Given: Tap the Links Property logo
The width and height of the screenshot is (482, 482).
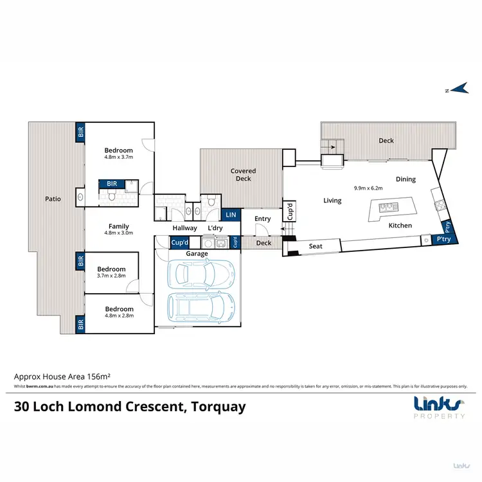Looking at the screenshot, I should (x=438, y=407).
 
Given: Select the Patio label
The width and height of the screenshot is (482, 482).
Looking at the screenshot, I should (x=53, y=199).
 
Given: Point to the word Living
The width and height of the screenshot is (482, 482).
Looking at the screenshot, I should (x=332, y=201).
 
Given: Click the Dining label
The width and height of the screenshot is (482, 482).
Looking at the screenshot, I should (x=406, y=179).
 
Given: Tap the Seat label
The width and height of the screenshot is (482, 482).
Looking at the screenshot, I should (x=316, y=246).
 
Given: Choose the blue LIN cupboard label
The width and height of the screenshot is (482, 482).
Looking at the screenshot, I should (x=231, y=215).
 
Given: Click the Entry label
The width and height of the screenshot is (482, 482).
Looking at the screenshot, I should (x=263, y=219).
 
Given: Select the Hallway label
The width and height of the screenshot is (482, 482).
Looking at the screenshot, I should (x=184, y=228).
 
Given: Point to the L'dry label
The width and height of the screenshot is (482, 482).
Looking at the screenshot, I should (x=214, y=228).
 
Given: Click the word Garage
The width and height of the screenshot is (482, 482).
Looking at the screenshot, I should (x=197, y=254).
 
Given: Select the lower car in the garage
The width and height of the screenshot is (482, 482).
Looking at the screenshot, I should (x=200, y=307).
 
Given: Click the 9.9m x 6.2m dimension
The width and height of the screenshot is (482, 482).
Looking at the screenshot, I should (x=368, y=188).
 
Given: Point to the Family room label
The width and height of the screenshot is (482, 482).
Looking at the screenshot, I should (x=118, y=226).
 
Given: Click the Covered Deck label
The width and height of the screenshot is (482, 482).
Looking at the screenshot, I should (x=243, y=175).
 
